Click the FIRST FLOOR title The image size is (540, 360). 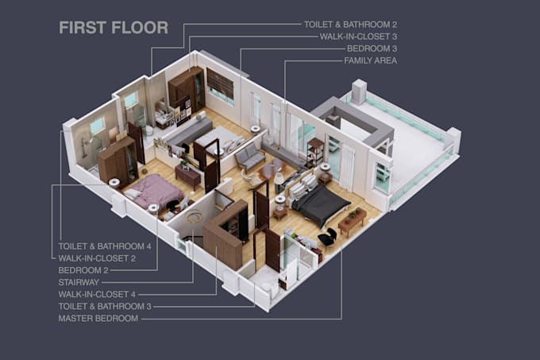point(114,28)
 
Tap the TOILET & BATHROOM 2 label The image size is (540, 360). point(350,25)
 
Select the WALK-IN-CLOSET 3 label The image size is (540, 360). point(358,37)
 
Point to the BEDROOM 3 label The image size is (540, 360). point(372,48)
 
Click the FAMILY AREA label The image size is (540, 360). point(371,60)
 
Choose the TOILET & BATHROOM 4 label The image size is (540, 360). point(105,246)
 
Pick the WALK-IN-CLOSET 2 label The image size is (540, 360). point(97,258)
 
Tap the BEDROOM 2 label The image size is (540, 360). point(83,270)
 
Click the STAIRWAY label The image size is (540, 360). point(79,282)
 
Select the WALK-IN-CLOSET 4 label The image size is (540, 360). point(97,295)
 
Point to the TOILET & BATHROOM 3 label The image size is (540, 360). point(105,306)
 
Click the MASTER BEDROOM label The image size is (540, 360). point(98,319)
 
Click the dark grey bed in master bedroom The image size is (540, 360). point(318,203)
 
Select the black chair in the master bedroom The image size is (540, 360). point(327,236)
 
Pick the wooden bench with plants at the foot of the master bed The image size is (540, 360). point(353,220)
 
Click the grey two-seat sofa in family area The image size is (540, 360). point(250,157)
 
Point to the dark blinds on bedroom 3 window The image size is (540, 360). point(220,83)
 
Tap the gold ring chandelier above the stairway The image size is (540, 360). point(194,216)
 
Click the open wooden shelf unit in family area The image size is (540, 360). point(315,152)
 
